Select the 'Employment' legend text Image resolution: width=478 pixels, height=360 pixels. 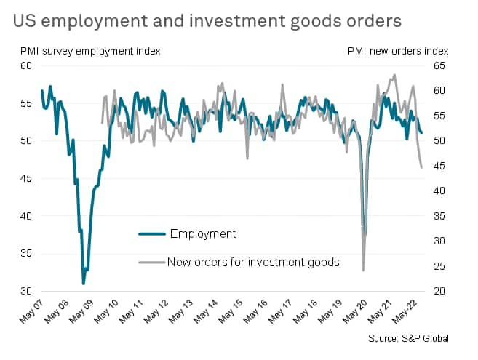point(202,233)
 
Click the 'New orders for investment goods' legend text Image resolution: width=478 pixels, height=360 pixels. point(253,262)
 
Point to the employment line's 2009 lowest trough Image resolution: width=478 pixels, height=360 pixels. point(84,283)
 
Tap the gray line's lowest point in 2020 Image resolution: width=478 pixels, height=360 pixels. point(363,271)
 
